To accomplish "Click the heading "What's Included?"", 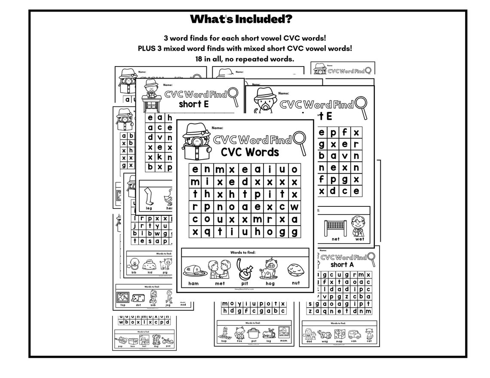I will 241,19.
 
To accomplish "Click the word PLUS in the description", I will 148,48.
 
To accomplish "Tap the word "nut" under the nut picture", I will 296,283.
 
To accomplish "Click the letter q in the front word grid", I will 207,232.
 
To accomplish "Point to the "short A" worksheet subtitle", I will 343,265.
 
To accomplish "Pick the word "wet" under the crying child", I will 359,239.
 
